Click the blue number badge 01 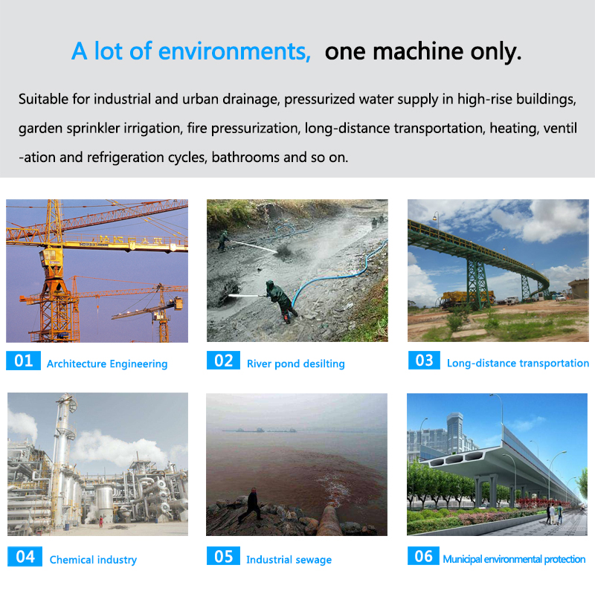coord(23,361)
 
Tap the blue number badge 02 coord(223,361)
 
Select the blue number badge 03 coord(424,361)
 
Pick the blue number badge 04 coord(25,556)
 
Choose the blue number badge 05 coord(223,556)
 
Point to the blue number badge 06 coord(423,556)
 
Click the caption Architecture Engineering coord(107,364)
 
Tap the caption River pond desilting coord(295,364)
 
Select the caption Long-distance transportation coord(518,363)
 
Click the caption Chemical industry coord(93,560)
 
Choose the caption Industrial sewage coord(289,560)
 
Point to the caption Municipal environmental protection coord(514,559)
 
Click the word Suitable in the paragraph coord(43,99)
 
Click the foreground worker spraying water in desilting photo coord(280,301)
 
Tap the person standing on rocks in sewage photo coord(251,504)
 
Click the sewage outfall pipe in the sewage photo coord(329,520)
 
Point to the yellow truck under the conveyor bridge coord(468,298)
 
